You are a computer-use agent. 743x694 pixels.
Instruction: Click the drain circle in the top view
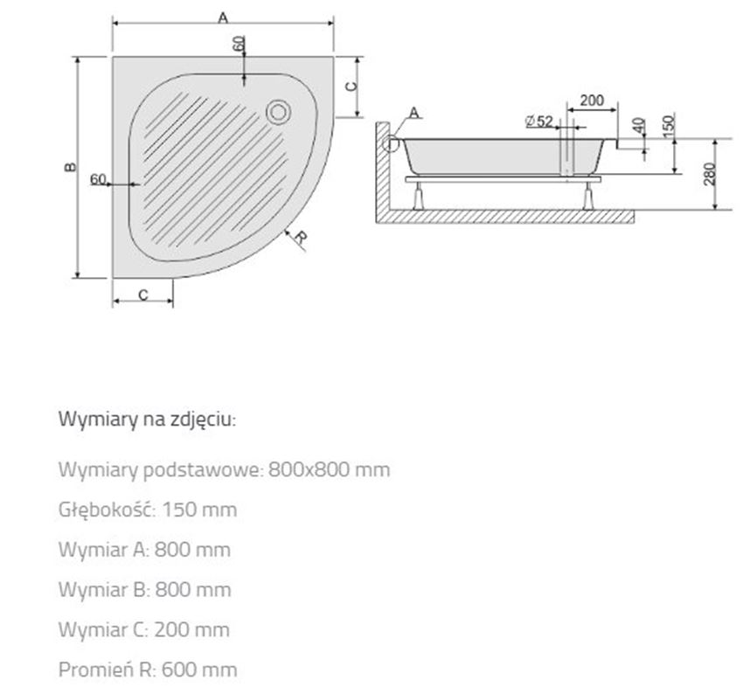point(279,111)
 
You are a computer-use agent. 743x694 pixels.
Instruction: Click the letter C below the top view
point(142,295)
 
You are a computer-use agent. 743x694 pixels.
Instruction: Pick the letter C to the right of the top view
point(350,86)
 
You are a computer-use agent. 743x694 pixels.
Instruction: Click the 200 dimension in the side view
point(592,101)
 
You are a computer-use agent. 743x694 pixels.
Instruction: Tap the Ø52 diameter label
point(538,121)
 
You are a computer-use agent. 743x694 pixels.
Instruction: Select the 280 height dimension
point(710,174)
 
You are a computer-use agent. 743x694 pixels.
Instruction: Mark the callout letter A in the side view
point(413,111)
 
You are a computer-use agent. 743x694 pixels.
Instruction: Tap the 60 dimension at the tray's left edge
point(98,179)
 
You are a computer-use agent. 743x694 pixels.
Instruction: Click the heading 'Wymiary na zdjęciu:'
point(147,419)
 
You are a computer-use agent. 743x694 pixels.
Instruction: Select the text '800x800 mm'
point(329,469)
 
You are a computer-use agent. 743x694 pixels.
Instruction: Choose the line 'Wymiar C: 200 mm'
point(144,629)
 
